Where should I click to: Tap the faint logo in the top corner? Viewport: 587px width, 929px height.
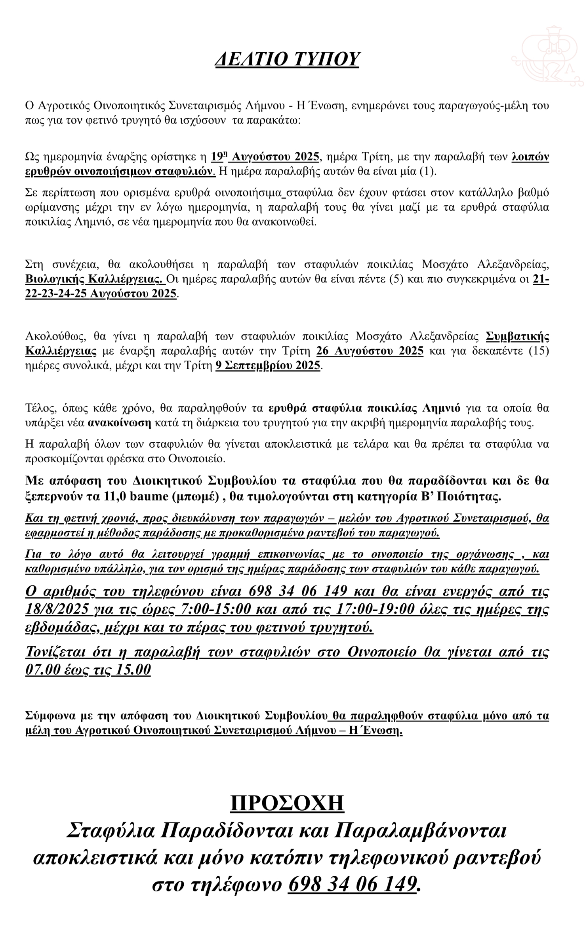pos(548,55)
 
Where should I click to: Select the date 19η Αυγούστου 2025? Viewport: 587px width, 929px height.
pos(265,157)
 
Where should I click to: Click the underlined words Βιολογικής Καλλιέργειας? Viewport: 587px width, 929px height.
pos(95,279)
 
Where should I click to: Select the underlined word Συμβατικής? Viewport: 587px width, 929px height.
pos(517,336)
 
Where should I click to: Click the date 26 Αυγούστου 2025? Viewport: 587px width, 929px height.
pos(370,351)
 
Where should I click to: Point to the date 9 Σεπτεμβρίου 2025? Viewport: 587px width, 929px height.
pos(268,365)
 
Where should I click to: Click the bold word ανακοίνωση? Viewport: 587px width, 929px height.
pos(119,422)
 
